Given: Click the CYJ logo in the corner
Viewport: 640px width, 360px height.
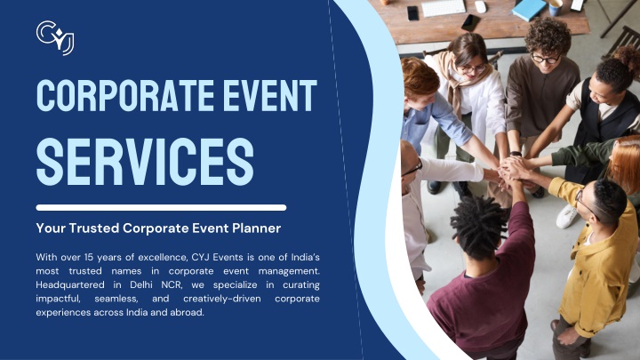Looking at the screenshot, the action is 55,37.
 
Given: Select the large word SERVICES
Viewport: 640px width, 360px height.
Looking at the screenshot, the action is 145,162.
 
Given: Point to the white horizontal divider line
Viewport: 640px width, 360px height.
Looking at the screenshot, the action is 161,207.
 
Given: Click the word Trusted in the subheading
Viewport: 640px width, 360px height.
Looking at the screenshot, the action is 94,228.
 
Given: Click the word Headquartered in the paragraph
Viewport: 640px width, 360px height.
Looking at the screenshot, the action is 70,284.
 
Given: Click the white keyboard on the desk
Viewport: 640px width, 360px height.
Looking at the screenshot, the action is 444,8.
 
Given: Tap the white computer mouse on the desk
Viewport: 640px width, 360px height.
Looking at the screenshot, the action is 480,7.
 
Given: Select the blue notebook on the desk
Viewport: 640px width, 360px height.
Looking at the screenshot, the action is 529,10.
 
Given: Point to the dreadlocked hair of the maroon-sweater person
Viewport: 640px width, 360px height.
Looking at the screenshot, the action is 478,226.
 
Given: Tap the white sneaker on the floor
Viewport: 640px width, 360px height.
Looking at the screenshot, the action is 567,216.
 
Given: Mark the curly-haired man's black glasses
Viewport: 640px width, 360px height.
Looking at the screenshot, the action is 545,59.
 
